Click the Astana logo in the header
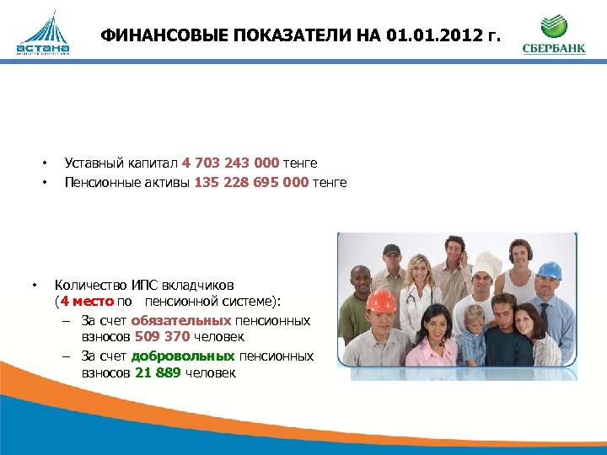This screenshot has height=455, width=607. point(42,35)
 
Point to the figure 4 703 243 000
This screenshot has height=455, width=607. point(230,163)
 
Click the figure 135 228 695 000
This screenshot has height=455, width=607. point(251,182)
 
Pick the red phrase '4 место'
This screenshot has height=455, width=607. point(86,301)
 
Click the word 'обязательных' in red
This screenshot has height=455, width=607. point(180,320)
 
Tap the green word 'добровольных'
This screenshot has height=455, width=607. point(185,356)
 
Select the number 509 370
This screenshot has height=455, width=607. point(162,337)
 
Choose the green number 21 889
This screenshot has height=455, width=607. point(157,373)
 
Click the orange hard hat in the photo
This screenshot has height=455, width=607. point(380,300)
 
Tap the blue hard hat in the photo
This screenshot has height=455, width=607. point(549,270)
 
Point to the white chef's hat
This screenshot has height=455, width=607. point(486,265)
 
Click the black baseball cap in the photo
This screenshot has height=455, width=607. point(391,249)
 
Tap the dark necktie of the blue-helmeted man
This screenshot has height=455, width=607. point(545,318)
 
